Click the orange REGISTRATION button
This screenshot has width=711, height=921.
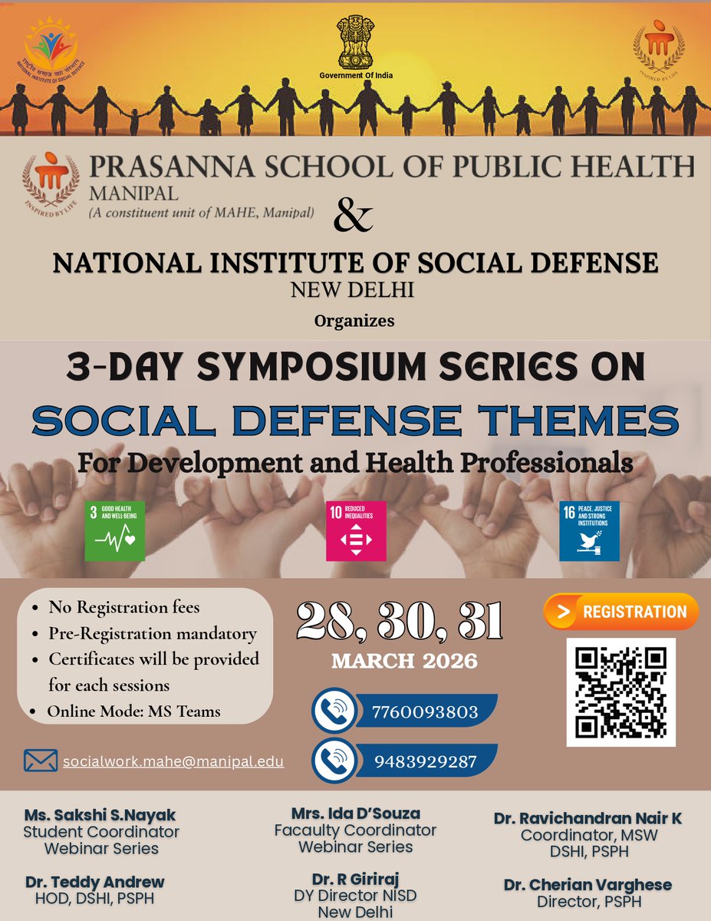[621, 612]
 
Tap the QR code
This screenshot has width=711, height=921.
[620, 692]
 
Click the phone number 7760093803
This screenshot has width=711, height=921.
[424, 711]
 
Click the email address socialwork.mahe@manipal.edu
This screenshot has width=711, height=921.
[173, 761]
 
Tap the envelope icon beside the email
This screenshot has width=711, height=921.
[41, 761]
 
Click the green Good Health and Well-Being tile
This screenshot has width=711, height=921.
[114, 531]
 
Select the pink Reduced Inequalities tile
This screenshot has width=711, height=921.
[356, 531]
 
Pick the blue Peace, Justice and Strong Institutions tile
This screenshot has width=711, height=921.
[589, 531]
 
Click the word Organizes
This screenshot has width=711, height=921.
[354, 321]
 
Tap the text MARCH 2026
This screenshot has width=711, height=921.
[404, 661]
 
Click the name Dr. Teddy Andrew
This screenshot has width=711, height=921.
[95, 882]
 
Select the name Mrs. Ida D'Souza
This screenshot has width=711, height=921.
[355, 813]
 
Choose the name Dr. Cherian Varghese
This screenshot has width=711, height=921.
[588, 885]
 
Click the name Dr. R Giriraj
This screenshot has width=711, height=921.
[355, 879]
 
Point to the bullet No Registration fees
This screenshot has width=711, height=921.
[124, 607]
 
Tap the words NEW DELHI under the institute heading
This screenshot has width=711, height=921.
[354, 291]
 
